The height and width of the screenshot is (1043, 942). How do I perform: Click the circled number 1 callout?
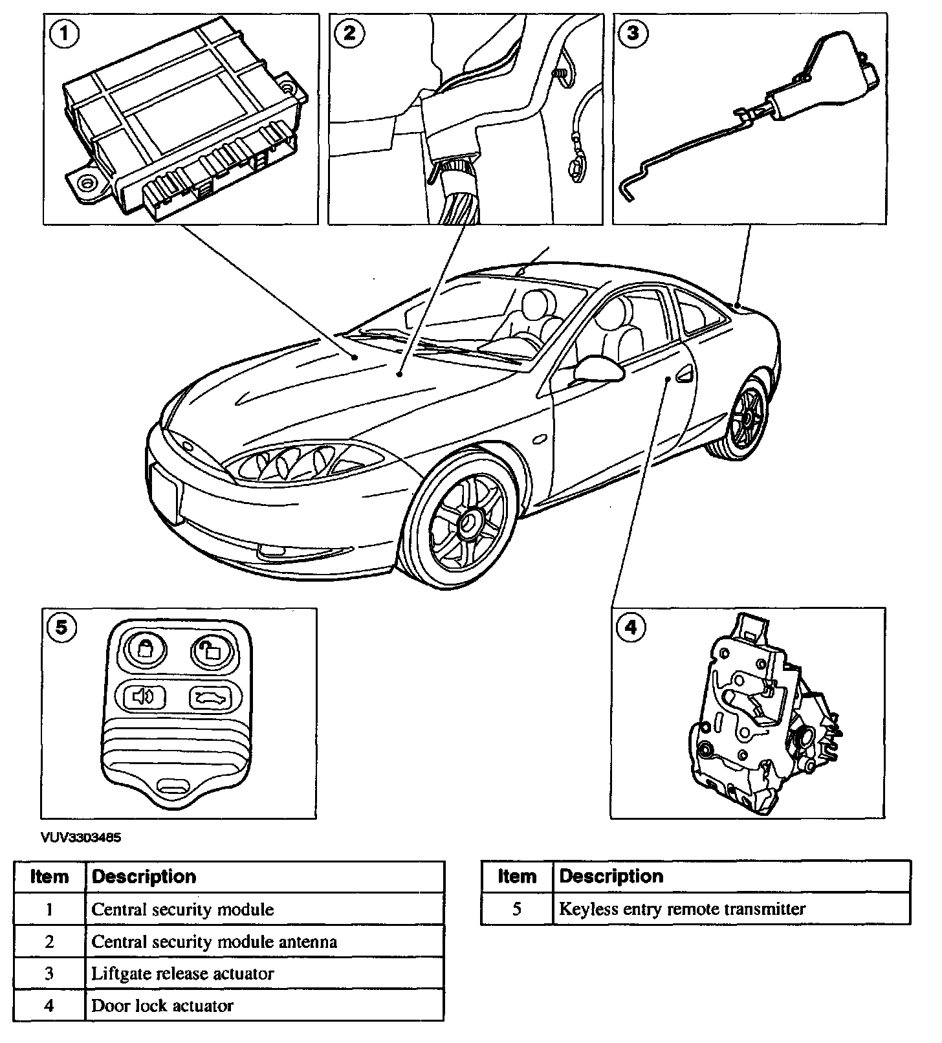coord(64,33)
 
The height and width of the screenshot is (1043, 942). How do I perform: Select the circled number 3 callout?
coord(633,33)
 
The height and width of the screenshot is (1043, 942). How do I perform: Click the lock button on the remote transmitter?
coord(145,648)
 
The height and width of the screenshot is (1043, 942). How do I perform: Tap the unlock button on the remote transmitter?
coord(210,650)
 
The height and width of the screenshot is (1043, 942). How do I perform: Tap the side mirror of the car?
coord(598,369)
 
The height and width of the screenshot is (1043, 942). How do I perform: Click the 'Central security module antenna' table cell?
coord(214,941)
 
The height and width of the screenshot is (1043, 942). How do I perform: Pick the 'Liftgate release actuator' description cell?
coord(183,973)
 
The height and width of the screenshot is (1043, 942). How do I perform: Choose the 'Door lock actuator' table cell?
coord(162,1005)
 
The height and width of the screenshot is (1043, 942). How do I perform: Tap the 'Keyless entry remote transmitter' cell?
coord(683,909)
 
